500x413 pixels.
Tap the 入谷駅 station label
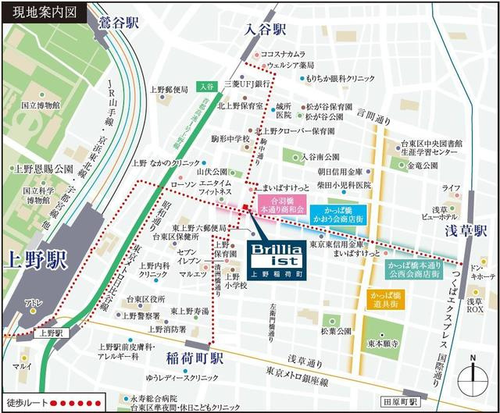pyautogui.click(x=265, y=30)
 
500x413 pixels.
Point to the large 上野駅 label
pyautogui.click(x=34, y=258)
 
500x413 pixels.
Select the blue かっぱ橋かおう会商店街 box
pyautogui.click(x=337, y=215)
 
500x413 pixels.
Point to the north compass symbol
pyautogui.click(x=473, y=376)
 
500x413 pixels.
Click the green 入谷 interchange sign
pyautogui.click(x=205, y=86)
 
